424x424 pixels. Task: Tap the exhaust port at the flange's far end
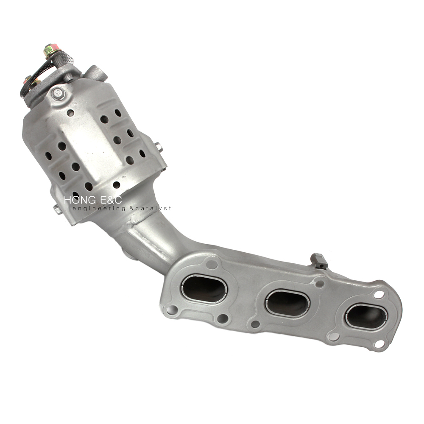coord(366,317)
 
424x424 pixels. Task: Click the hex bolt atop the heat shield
coord(58,93)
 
